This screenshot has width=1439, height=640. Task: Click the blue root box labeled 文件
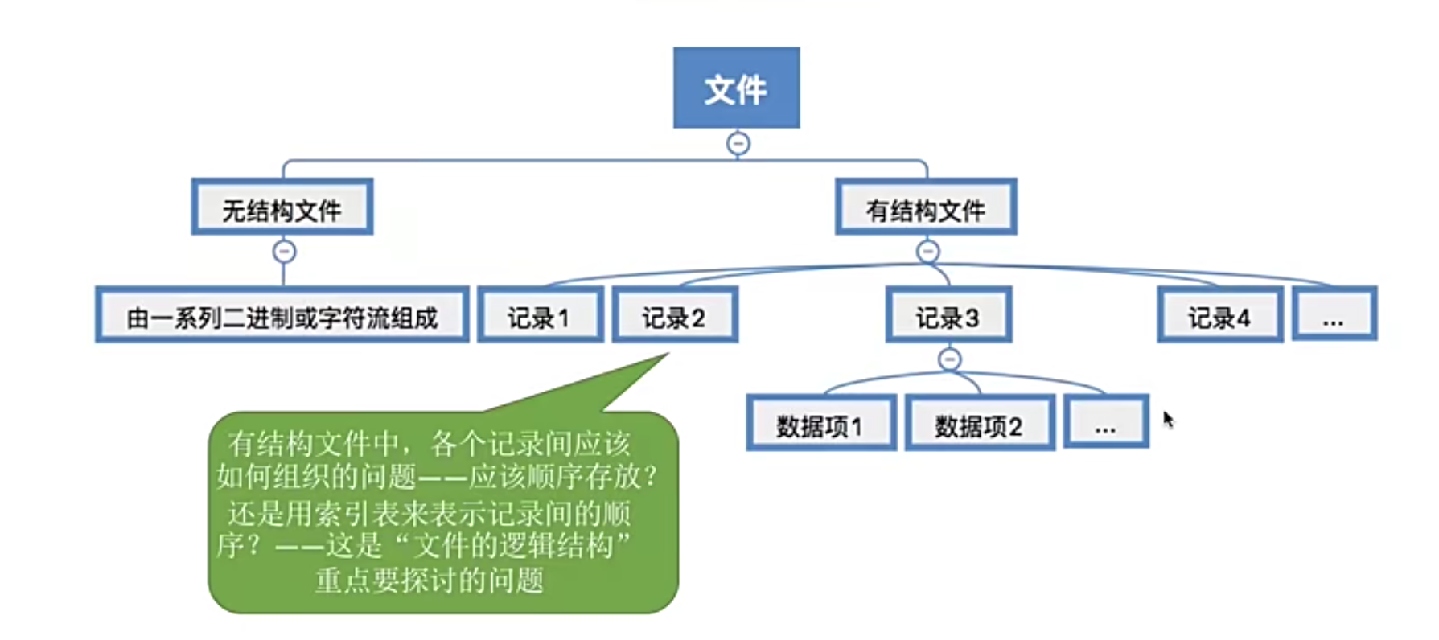(x=736, y=88)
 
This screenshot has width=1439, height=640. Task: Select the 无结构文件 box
(x=282, y=208)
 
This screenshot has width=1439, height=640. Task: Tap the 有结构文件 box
(x=926, y=208)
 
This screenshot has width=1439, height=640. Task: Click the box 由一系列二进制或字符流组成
(x=282, y=316)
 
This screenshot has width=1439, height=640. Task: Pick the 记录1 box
(x=540, y=316)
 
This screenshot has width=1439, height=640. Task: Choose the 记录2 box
(x=674, y=316)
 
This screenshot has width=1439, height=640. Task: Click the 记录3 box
(x=948, y=316)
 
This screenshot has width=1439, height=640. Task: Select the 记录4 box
(x=1219, y=316)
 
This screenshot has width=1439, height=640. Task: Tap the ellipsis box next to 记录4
(x=1334, y=314)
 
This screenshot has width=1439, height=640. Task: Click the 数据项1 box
(x=820, y=424)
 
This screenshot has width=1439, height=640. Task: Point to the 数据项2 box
(x=979, y=424)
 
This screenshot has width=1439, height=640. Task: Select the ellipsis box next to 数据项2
(x=1106, y=422)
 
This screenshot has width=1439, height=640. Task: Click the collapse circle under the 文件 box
(x=738, y=144)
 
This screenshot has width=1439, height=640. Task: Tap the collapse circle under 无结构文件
(x=284, y=252)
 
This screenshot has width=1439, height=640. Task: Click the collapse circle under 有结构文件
(x=927, y=252)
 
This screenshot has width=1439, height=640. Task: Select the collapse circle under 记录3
(x=950, y=359)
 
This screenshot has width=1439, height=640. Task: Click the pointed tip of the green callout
(x=667, y=355)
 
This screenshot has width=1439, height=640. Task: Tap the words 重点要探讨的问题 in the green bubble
(x=429, y=580)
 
